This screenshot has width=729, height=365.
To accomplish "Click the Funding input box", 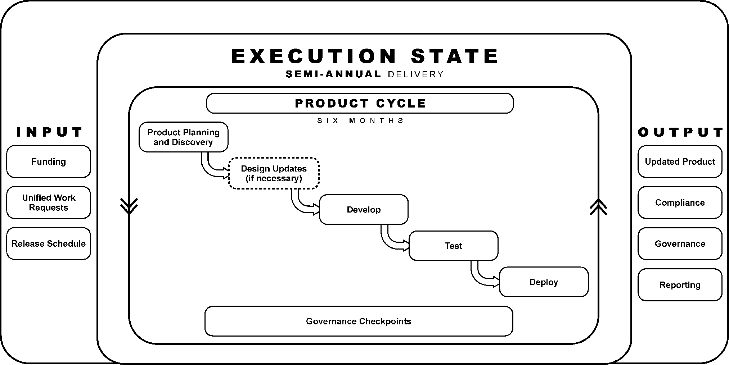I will point(49,161).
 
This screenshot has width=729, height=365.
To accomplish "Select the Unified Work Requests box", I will point(49,202).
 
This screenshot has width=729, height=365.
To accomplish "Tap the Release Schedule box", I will point(49,243).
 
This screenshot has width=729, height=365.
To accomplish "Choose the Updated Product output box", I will point(680,161).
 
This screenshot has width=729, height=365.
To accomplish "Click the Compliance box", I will point(680,202).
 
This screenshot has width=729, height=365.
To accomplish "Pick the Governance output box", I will point(680,243).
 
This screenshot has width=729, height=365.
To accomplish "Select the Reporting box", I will point(680,285).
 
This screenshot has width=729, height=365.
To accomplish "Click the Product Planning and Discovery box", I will point(184,137).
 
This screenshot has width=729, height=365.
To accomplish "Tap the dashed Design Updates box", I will point(274,173).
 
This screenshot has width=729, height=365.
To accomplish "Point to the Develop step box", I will point(364,210).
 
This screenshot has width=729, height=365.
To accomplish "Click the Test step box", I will point(453,246).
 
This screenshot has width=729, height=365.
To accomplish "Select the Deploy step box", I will point(544,282).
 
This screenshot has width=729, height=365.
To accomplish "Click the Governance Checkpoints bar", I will point(359,321).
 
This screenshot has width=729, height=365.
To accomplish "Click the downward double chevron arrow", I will point(129,206).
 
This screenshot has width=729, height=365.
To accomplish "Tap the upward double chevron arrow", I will point(598,207).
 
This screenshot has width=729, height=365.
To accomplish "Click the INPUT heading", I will point(49,132).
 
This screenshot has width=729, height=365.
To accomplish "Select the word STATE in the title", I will point(454,56).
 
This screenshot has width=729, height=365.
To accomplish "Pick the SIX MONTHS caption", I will point(360,121).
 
